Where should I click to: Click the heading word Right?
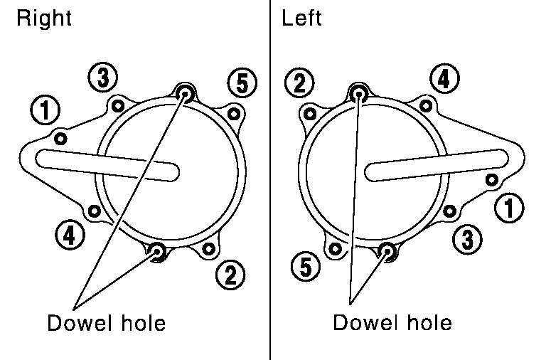[44, 18]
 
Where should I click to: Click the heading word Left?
[302, 18]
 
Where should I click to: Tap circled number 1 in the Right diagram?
[46, 110]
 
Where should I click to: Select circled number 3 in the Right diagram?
[103, 78]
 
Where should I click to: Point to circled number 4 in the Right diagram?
[69, 235]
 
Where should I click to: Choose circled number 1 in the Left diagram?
[510, 209]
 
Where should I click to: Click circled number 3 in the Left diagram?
[466, 238]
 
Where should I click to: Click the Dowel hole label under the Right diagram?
[107, 324]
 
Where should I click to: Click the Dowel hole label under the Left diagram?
[392, 324]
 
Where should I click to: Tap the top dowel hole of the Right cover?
[186, 91]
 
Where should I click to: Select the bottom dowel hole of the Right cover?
[158, 250]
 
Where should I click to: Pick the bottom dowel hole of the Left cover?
[387, 250]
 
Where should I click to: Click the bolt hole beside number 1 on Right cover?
[60, 138]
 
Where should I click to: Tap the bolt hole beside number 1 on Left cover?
[491, 179]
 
